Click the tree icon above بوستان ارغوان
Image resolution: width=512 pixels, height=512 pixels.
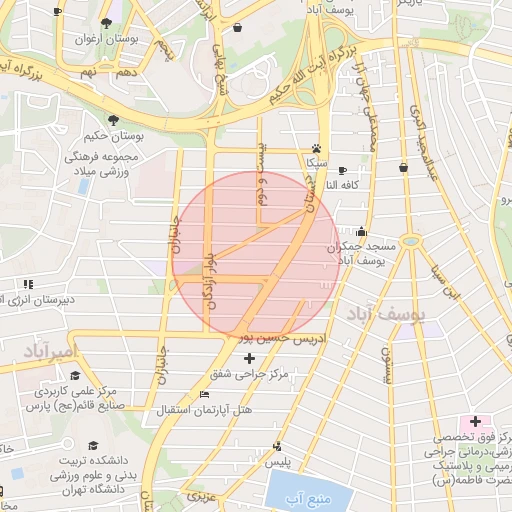click(x=107, y=21)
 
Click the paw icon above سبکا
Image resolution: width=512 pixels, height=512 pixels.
click(x=317, y=146)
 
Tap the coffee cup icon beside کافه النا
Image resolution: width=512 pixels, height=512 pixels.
click(x=343, y=171)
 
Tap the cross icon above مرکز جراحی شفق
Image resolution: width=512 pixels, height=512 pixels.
click(x=249, y=357)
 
